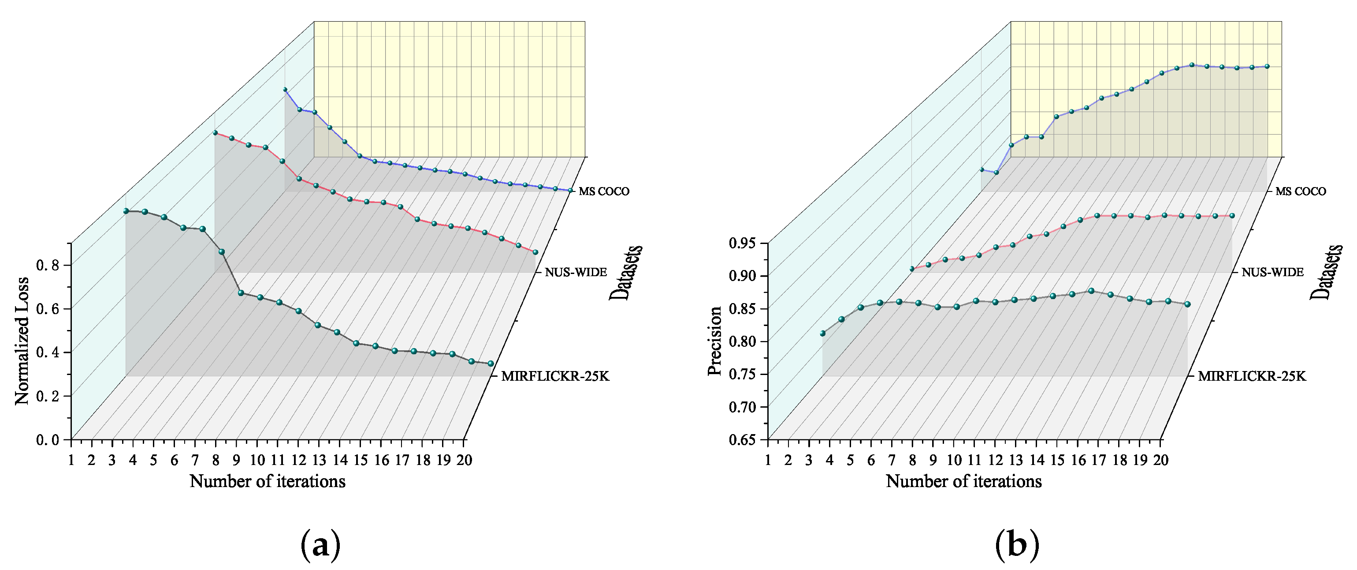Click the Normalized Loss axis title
pyautogui.click(x=22, y=341)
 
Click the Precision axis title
pyautogui.click(x=715, y=341)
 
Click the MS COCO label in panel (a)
pyautogui.click(x=604, y=191)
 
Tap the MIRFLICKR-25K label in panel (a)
pyautogui.click(x=555, y=376)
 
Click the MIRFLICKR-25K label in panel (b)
pyautogui.click(x=1252, y=376)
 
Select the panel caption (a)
pyautogui.click(x=320, y=546)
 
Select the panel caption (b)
pyautogui.click(x=1017, y=546)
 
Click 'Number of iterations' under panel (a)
pyautogui.click(x=267, y=481)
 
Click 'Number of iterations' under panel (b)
pyautogui.click(x=963, y=481)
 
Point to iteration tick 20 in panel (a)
pyautogui.click(x=464, y=460)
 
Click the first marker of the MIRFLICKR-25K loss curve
pyautogui.click(x=126, y=211)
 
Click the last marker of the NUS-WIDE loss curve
pyautogui.click(x=535, y=252)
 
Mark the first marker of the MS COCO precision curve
pyautogui.click(x=982, y=169)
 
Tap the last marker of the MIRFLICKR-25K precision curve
pyautogui.click(x=1187, y=304)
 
